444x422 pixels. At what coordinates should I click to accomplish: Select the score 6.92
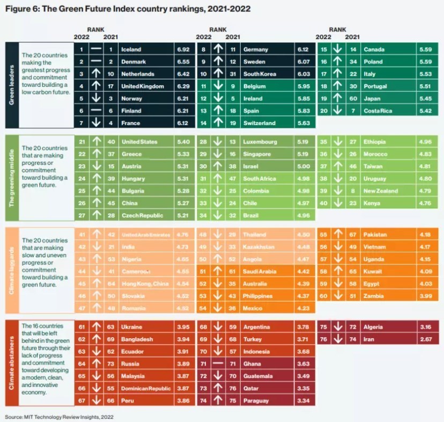pos(183,49)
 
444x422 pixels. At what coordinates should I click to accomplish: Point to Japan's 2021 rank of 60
pos(353,99)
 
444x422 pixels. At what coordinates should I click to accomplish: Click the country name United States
pos(139,142)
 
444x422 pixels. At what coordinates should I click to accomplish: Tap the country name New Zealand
pos(381,191)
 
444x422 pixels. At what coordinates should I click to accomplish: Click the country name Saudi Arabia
pos(260,272)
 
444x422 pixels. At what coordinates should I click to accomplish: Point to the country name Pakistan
pos(375,235)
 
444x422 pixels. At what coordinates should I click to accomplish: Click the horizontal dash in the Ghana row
pos(218,363)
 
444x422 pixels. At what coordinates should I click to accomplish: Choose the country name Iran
pos(369,339)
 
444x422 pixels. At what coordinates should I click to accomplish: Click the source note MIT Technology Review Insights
pos(59,417)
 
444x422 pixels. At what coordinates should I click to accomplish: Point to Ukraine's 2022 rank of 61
pos(82,326)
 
